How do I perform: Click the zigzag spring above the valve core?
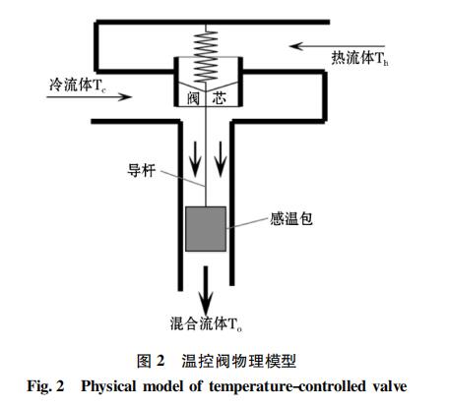click(x=206, y=56)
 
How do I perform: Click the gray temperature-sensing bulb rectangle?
click(x=206, y=229)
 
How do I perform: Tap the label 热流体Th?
click(x=359, y=59)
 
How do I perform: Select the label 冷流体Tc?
click(x=78, y=85)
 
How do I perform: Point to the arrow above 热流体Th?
click(x=337, y=46)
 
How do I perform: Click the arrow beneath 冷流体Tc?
click(x=90, y=97)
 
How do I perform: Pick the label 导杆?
click(x=141, y=170)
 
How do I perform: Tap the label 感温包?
click(x=291, y=219)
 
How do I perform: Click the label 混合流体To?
click(x=206, y=323)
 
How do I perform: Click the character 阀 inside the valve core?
click(x=193, y=98)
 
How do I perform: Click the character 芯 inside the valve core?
click(x=219, y=98)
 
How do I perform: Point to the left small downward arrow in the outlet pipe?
click(x=195, y=159)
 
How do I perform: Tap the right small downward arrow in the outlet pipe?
click(x=221, y=159)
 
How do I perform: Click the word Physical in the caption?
click(x=108, y=386)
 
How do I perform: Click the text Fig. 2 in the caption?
click(x=45, y=386)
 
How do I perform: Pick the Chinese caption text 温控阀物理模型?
click(x=238, y=361)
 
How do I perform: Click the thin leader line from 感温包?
click(x=247, y=223)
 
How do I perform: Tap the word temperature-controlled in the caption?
click(x=287, y=386)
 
